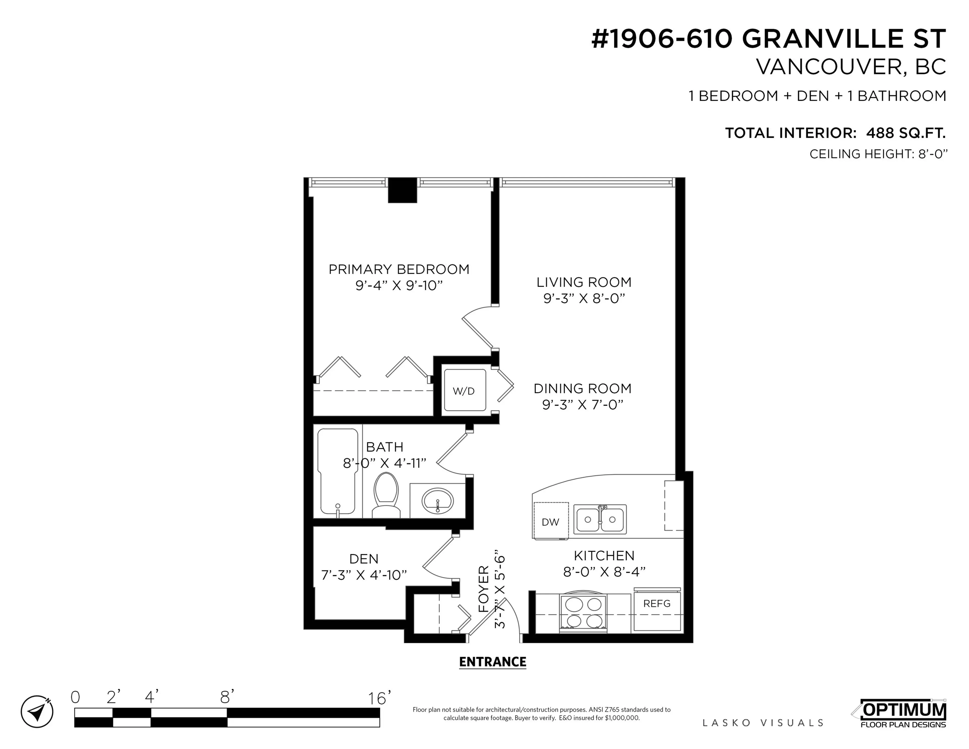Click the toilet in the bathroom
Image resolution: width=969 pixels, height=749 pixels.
coord(386,494)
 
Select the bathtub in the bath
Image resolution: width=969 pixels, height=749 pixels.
coord(337,470)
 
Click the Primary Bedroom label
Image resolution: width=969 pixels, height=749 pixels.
coord(398,269)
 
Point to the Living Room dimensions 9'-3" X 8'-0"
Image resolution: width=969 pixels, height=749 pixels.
coord(584,298)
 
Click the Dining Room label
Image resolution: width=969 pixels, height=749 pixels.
coord(582,388)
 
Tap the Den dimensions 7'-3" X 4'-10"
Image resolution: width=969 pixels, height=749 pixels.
coord(364,575)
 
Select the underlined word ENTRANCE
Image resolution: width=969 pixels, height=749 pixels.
coord(493,662)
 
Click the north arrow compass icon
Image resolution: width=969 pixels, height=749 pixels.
coord(37,711)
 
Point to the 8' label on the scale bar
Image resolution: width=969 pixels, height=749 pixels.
coord(227,698)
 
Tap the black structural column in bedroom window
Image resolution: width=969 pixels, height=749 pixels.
coord(402,190)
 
